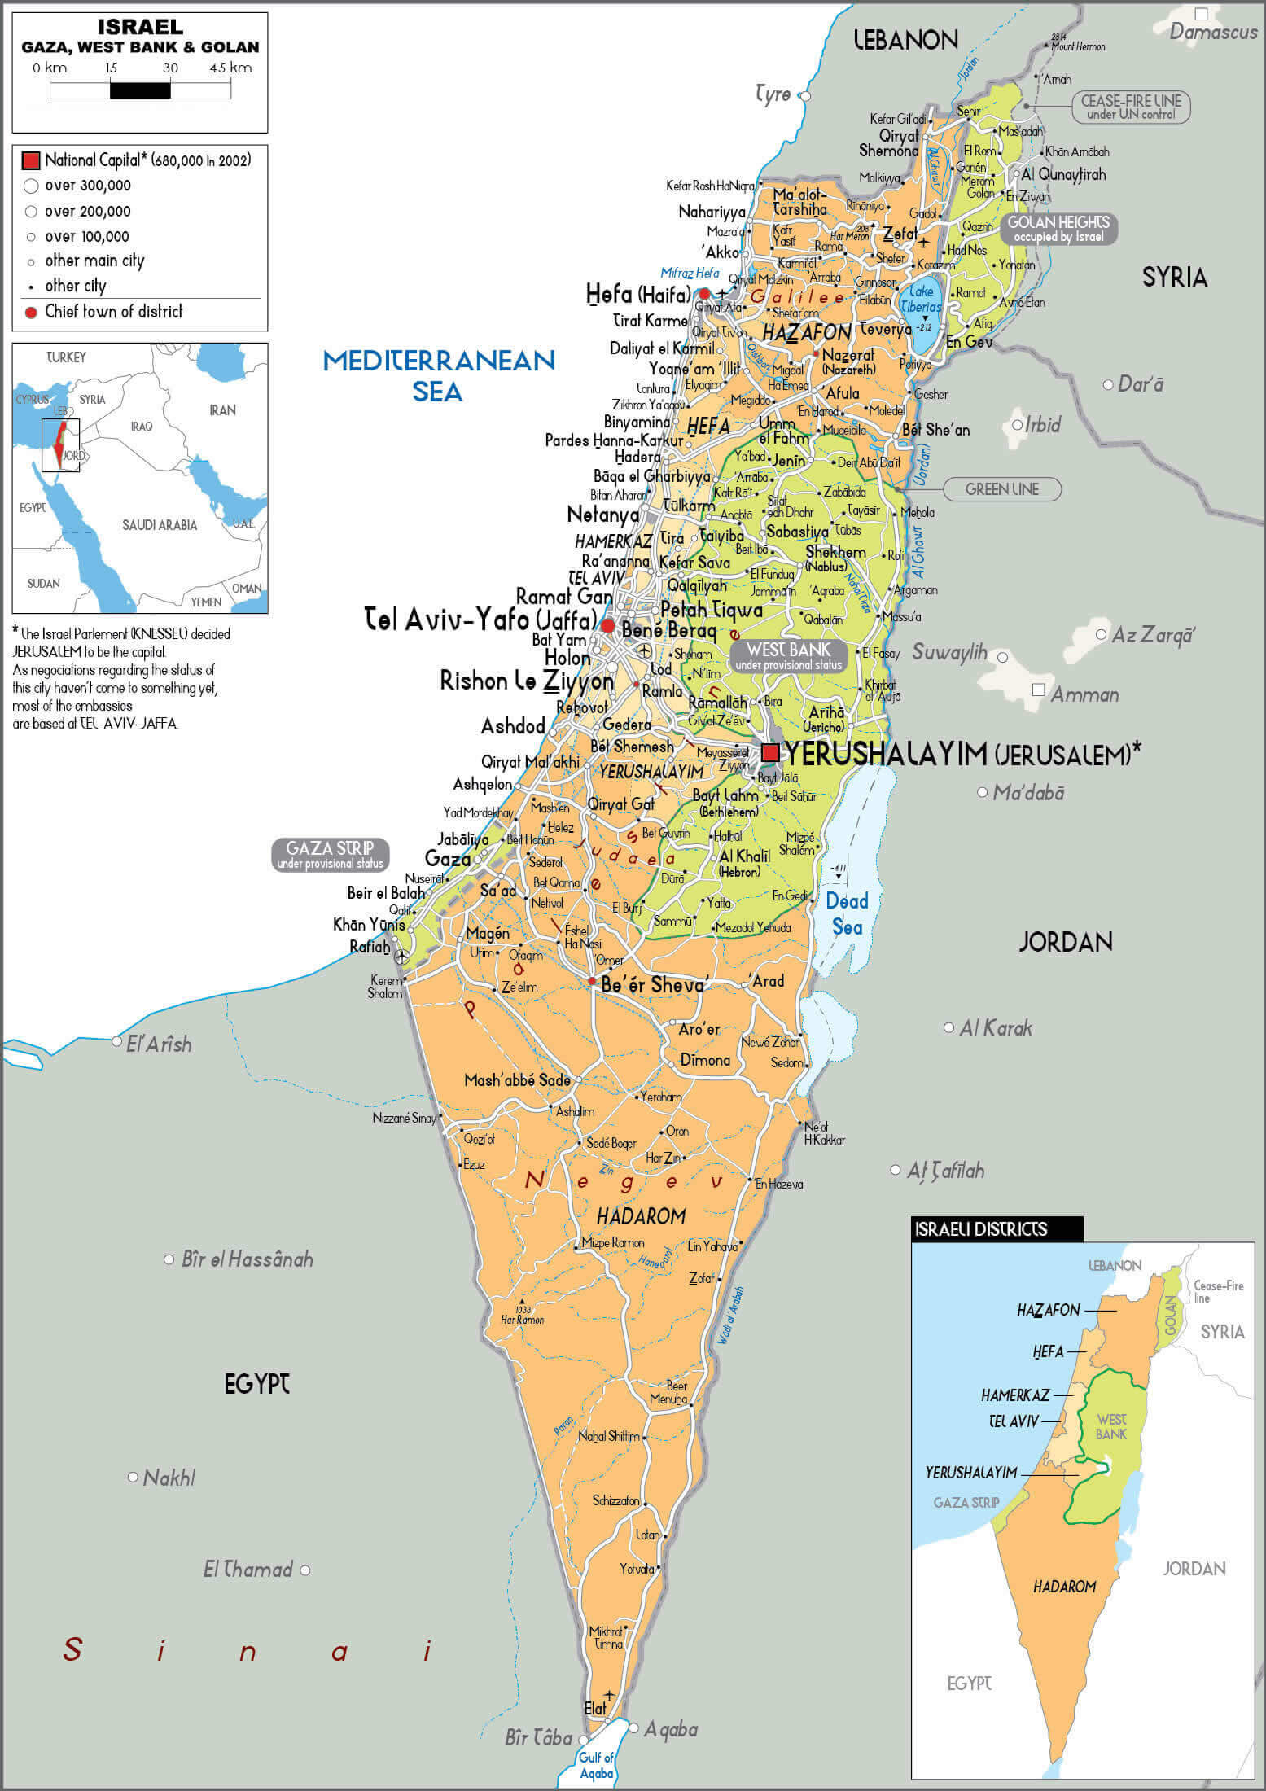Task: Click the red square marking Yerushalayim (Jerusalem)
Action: [x=770, y=751]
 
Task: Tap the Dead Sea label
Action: [x=847, y=913]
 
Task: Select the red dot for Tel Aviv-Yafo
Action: [x=607, y=625]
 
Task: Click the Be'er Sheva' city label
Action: [x=654, y=985]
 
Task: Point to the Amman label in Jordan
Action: [x=1084, y=695]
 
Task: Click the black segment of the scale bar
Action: [x=140, y=90]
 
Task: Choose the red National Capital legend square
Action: [x=31, y=160]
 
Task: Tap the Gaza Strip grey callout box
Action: [x=330, y=855]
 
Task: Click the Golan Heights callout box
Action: [x=1058, y=229]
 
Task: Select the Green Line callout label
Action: [x=1001, y=489]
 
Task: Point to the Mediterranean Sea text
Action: [x=439, y=375]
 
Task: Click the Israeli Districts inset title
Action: [x=980, y=1229]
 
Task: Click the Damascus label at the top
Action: [x=1213, y=33]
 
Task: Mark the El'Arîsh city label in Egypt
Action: [x=159, y=1044]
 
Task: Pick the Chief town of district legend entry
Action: [x=113, y=312]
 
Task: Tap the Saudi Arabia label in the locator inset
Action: [x=160, y=526]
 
